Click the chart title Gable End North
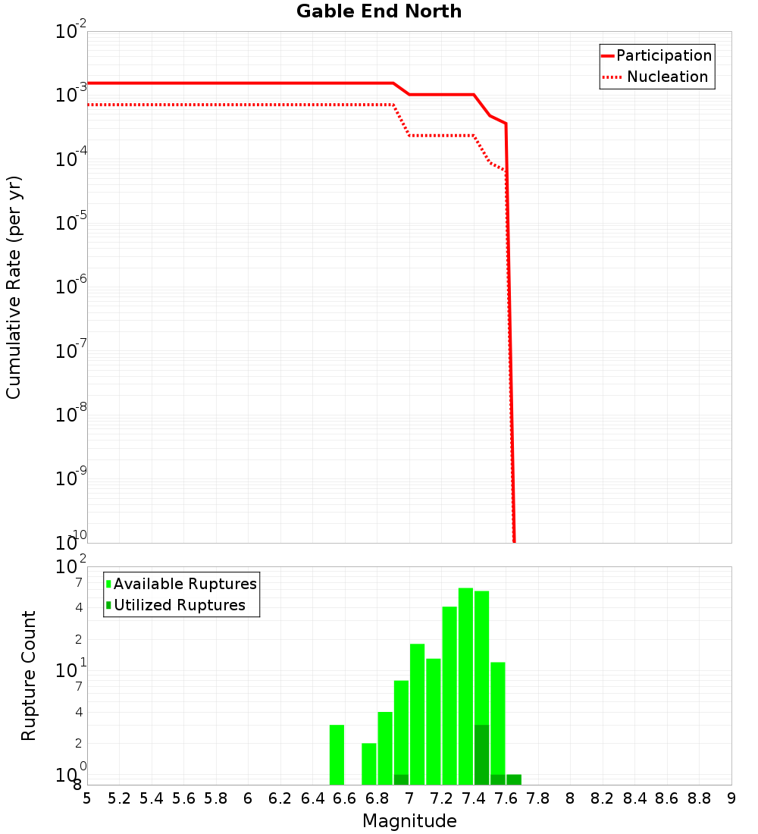[379, 11]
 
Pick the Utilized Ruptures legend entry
[179, 605]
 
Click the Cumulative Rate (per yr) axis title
[14, 287]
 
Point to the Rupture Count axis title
[29, 676]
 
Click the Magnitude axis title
[409, 821]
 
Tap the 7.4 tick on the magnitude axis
[474, 798]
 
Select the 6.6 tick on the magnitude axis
[345, 798]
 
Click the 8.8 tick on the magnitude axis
[699, 798]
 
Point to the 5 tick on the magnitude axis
[87, 798]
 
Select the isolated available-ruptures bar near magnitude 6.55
[337, 754]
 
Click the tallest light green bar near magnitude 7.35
[465, 686]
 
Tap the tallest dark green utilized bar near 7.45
[481, 754]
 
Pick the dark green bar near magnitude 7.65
[514, 779]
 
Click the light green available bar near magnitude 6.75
[369, 763]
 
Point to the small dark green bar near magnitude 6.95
[401, 779]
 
